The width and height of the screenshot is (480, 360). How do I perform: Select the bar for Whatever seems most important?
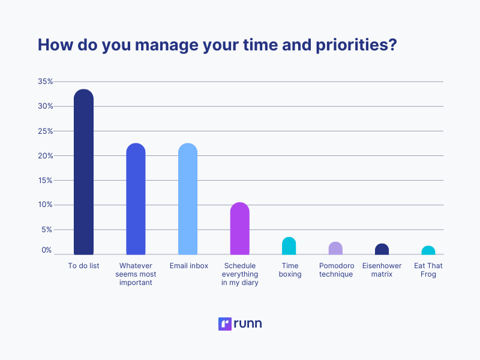coord(136,199)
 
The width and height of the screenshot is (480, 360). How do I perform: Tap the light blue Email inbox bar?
coord(188,199)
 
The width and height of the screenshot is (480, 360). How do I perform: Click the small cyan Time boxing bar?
coord(289,246)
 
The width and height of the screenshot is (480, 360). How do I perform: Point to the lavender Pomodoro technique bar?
coord(335,248)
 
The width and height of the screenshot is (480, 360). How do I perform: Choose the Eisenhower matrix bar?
coord(382,249)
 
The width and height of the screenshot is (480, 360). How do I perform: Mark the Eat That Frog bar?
coord(428,250)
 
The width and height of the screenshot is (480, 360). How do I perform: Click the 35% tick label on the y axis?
coord(45,81)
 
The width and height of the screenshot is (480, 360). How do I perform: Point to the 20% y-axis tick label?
coord(45,155)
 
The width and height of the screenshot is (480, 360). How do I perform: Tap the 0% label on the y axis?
coord(47,250)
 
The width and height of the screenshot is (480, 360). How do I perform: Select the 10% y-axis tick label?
coord(45,205)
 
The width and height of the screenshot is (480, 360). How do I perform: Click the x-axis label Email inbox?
coord(188,266)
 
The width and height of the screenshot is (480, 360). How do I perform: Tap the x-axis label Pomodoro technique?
coord(337,270)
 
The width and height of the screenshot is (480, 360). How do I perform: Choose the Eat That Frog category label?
coord(428,270)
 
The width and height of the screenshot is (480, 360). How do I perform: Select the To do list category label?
coord(83,266)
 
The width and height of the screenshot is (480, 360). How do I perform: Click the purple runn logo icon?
coord(225,324)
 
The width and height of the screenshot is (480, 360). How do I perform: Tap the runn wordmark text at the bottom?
coord(248,324)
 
